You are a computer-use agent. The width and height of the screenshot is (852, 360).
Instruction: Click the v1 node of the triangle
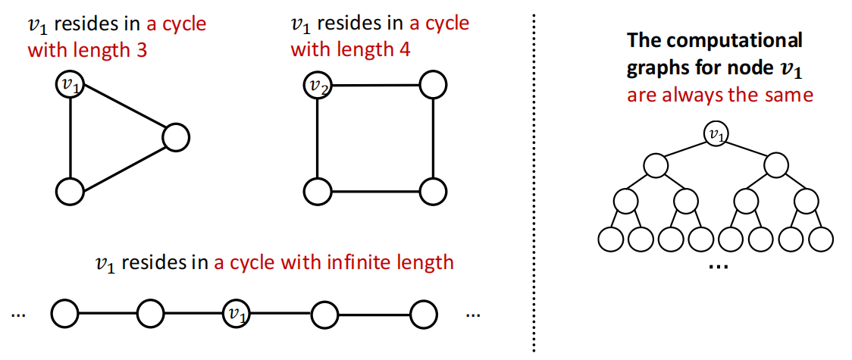[x=70, y=85]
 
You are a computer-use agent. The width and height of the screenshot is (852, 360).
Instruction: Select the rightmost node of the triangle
[x=175, y=137]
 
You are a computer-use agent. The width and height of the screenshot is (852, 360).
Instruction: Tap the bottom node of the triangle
[x=70, y=191]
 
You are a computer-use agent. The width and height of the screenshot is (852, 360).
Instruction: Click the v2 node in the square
[x=317, y=85]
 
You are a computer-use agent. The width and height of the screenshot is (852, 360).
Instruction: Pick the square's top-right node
[x=433, y=85]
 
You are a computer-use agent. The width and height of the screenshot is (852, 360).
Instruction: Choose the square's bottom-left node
[x=317, y=191]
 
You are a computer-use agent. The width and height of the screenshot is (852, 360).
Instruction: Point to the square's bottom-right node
[x=433, y=191]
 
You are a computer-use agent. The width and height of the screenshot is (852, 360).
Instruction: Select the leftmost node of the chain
[x=65, y=314]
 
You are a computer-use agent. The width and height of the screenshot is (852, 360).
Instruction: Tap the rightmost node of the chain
[x=424, y=314]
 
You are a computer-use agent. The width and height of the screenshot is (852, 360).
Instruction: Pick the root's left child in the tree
[x=656, y=166]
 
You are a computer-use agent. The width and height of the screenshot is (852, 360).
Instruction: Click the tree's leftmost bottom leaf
[x=610, y=239]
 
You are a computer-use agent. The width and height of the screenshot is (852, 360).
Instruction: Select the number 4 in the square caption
[x=405, y=51]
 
